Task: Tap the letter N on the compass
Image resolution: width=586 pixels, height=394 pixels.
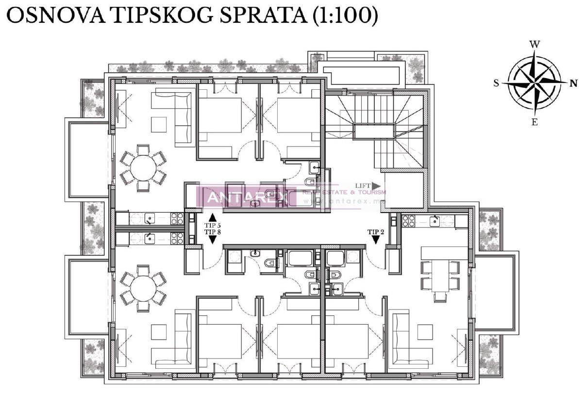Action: click(x=574, y=83)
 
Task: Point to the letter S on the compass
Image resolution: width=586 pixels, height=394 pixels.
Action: click(x=496, y=83)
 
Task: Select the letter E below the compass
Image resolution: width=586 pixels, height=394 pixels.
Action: click(x=535, y=122)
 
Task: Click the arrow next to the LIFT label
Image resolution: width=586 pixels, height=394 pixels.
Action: click(x=376, y=186)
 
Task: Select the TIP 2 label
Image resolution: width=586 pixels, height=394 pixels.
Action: click(x=376, y=231)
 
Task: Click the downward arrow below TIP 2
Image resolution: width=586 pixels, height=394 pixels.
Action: click(x=376, y=240)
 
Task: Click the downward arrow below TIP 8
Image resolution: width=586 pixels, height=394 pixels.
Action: click(x=212, y=240)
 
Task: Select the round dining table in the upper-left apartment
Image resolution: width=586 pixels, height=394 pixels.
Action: click(x=143, y=168)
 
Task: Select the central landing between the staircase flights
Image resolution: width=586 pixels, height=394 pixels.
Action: click(x=374, y=131)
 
